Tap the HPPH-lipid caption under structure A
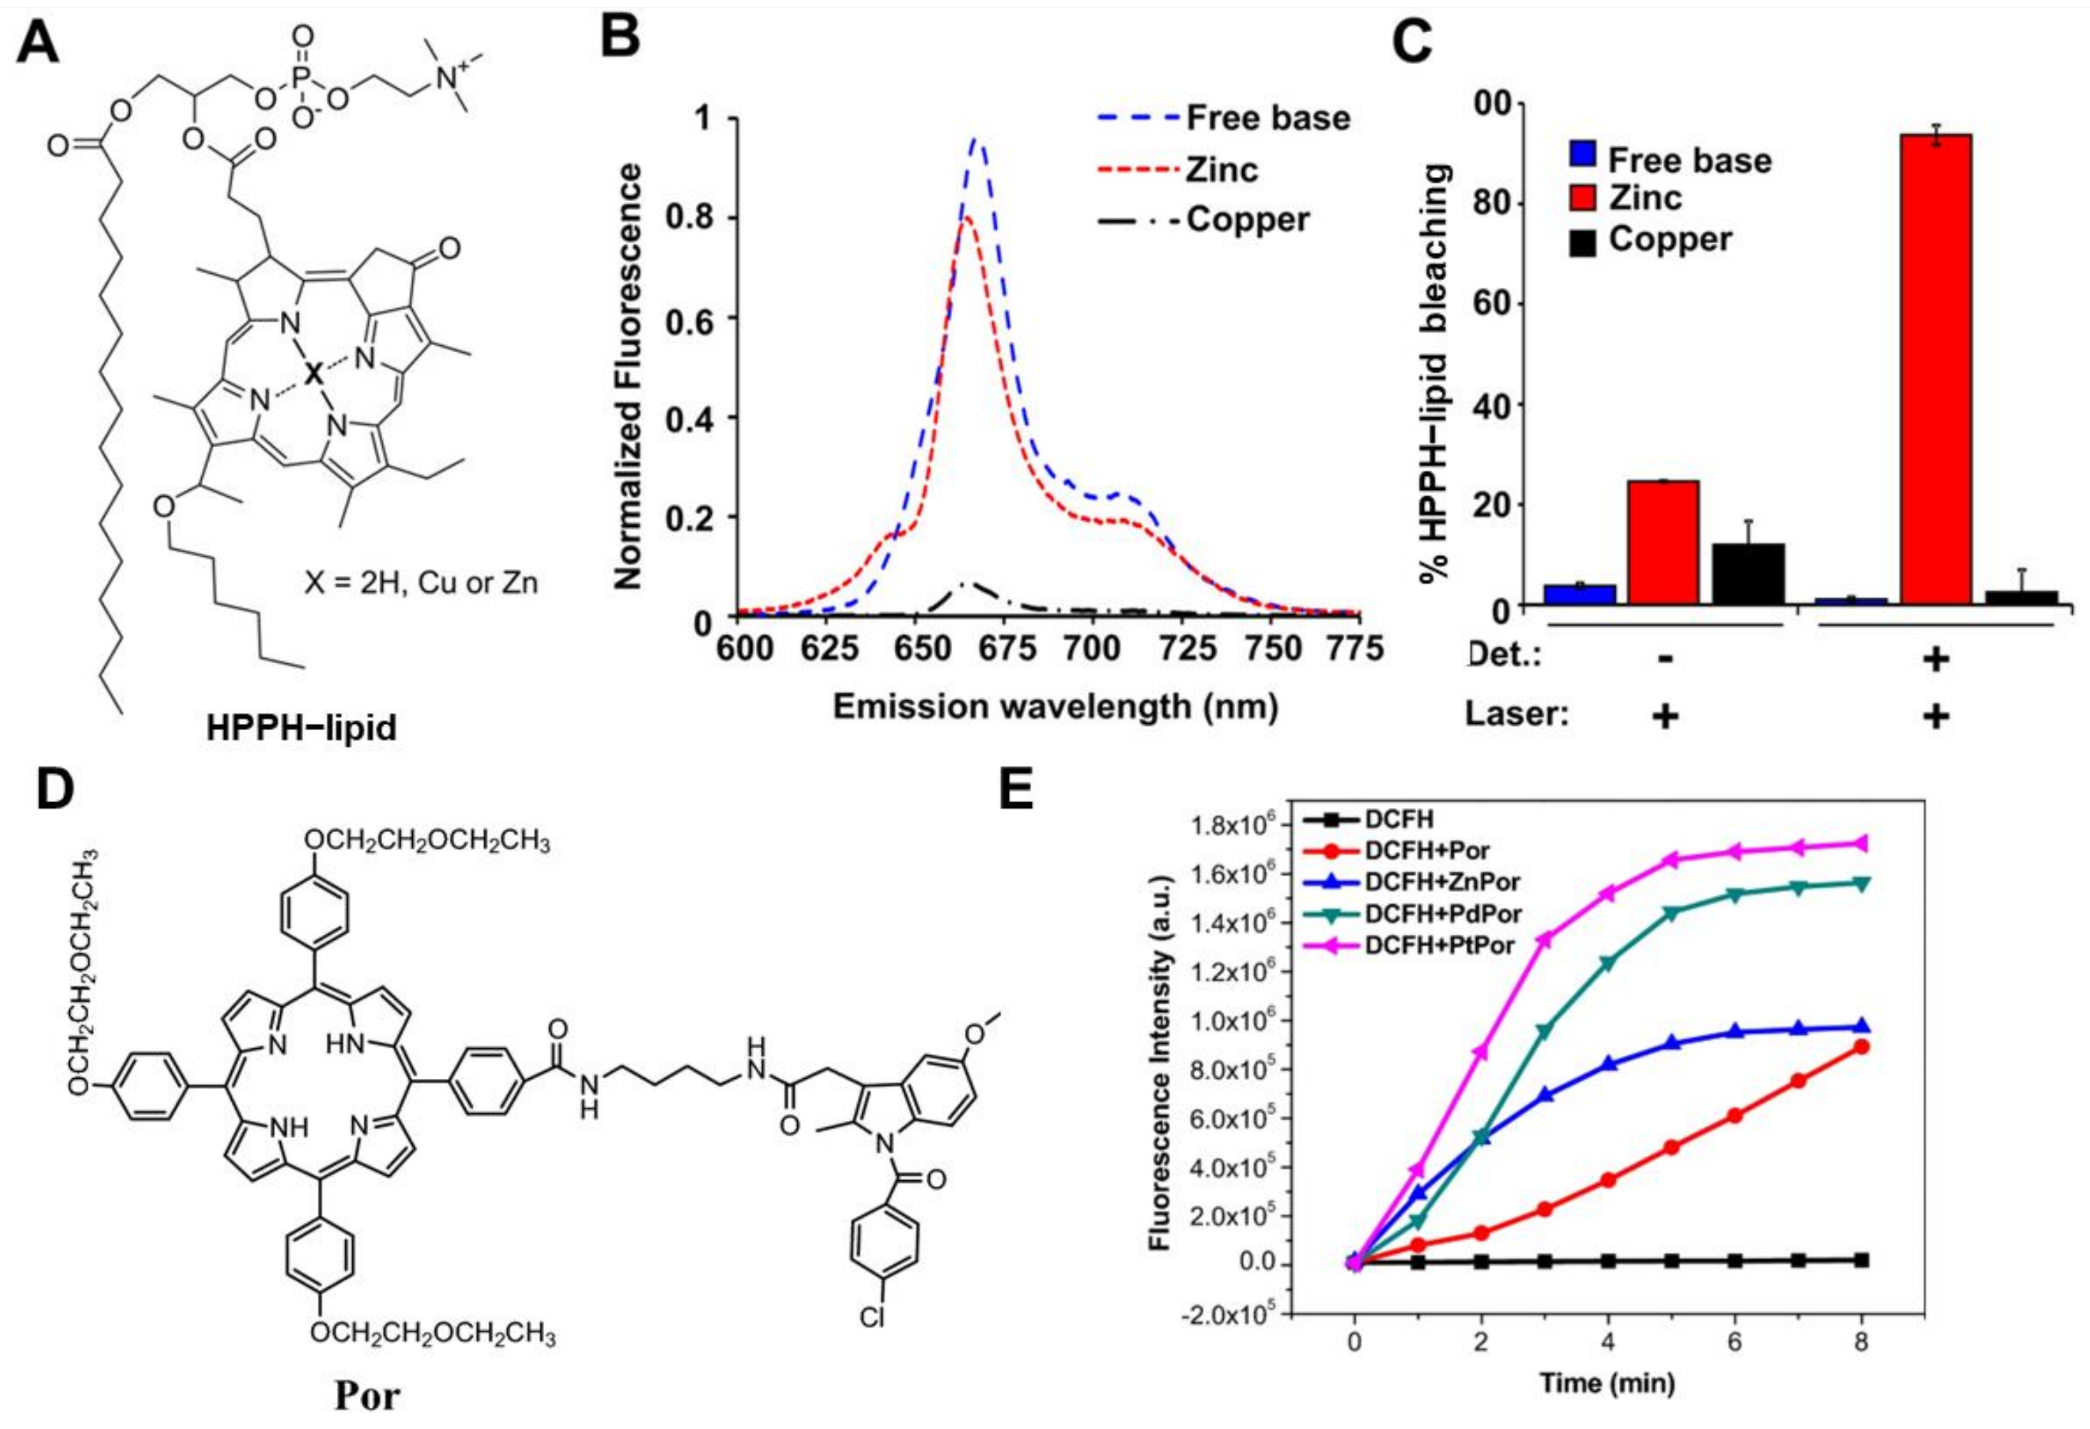point(301,727)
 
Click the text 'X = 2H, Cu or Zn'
point(421,583)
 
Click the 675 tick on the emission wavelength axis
point(1003,647)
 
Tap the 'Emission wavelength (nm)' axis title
point(1055,707)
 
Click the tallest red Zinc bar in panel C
point(1935,369)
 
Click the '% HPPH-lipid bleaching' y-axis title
point(1436,373)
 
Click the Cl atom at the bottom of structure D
point(872,1318)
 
